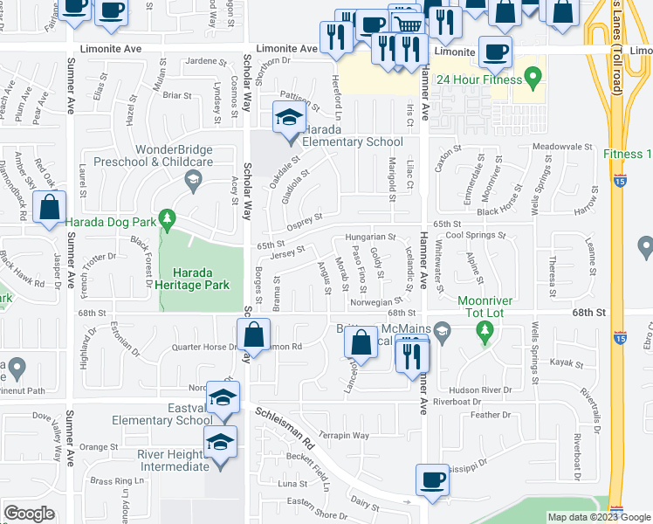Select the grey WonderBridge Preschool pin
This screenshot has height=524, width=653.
pyautogui.click(x=193, y=181)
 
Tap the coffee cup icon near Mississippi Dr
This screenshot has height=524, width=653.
pyautogui.click(x=431, y=480)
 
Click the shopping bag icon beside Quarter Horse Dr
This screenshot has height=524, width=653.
pyautogui.click(x=252, y=335)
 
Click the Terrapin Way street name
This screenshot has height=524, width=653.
pyautogui.click(x=343, y=435)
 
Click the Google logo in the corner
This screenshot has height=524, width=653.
pyautogui.click(x=29, y=514)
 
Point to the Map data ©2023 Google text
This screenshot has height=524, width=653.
pyautogui.click(x=598, y=517)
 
